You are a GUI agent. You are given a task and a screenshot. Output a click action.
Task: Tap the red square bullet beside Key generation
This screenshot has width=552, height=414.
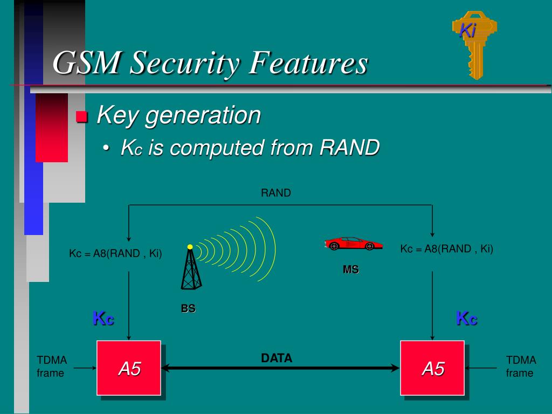pyautogui.click(x=82, y=116)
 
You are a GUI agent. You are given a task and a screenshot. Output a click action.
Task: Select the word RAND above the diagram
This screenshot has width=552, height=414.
pyautogui.click(x=275, y=193)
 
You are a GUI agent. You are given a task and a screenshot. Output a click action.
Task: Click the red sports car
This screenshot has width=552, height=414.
pyautogui.click(x=353, y=243)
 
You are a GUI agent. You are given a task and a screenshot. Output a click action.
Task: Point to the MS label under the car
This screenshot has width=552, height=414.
pyautogui.click(x=350, y=270)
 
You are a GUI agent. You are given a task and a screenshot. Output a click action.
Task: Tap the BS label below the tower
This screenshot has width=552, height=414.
pyautogui.click(x=188, y=309)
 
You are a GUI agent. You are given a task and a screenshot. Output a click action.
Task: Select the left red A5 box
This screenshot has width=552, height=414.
pyautogui.click(x=129, y=368)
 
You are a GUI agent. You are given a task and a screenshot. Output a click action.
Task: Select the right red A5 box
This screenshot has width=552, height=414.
pyautogui.click(x=432, y=368)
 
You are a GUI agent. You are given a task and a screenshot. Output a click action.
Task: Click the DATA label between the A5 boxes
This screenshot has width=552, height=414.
pyautogui.click(x=277, y=358)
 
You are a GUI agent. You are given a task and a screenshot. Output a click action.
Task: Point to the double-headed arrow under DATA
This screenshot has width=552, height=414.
pyautogui.click(x=280, y=368)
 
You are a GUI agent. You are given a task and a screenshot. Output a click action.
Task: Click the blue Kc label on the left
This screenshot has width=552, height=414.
pyautogui.click(x=103, y=318)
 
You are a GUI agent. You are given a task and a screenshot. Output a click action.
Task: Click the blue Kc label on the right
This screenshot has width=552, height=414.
pyautogui.click(x=466, y=318)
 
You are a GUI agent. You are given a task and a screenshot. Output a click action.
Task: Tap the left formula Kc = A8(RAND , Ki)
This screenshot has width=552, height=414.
pyautogui.click(x=115, y=253)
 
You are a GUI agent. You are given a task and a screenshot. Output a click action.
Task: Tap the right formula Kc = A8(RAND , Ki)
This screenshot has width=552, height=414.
pyautogui.click(x=446, y=249)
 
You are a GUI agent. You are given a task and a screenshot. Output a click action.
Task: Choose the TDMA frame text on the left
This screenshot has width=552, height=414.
pyautogui.click(x=52, y=367)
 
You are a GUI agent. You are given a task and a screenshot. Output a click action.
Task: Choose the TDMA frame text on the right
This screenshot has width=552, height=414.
pyautogui.click(x=521, y=367)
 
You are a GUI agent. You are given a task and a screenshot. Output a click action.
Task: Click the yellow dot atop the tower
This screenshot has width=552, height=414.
pyautogui.click(x=190, y=247)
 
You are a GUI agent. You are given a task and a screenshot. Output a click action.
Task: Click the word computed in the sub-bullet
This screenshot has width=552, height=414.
pyautogui.click(x=212, y=148)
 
